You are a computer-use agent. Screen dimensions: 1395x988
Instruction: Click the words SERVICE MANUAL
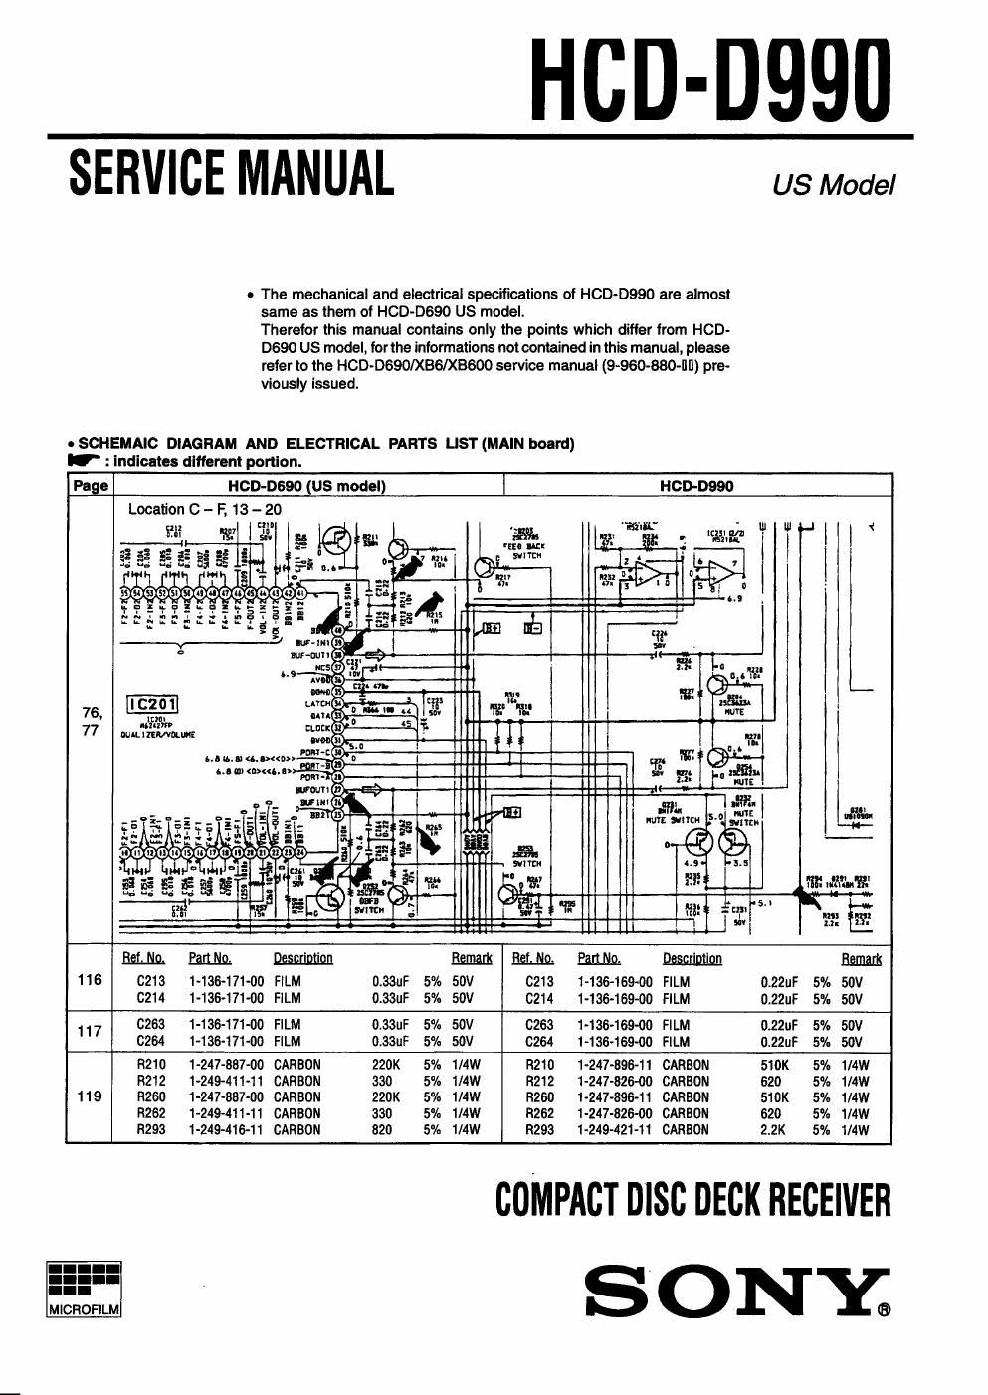click(231, 172)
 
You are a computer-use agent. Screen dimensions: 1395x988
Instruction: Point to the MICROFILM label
click(84, 1309)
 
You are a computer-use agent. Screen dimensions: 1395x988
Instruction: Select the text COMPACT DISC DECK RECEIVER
click(693, 1201)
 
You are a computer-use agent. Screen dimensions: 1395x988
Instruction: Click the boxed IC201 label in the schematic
click(152, 705)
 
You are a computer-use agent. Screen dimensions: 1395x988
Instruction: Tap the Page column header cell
click(91, 486)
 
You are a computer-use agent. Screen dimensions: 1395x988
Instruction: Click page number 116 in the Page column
click(90, 980)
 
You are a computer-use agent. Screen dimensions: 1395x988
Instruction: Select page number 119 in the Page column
click(90, 1096)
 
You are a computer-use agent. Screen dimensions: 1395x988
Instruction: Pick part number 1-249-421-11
click(615, 1129)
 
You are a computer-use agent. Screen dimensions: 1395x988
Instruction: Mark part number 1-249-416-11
click(226, 1129)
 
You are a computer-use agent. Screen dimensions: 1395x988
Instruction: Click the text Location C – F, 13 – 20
click(205, 509)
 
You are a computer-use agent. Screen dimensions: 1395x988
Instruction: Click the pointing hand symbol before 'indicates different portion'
click(85, 461)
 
